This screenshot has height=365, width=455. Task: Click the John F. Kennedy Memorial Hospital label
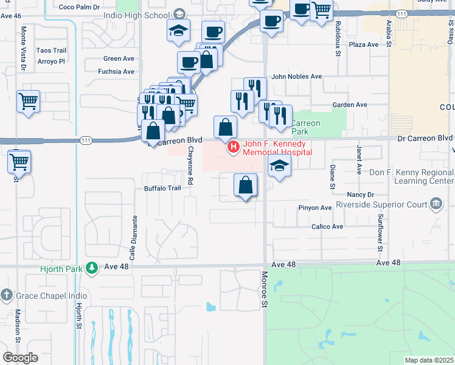[x=277, y=148]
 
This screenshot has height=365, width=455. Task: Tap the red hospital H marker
[x=232, y=147]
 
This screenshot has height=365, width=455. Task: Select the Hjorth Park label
[x=62, y=268]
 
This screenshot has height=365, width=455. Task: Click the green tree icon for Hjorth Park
[x=91, y=268]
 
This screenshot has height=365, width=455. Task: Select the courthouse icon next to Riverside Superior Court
[x=436, y=203]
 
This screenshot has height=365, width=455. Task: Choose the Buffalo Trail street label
[x=162, y=188]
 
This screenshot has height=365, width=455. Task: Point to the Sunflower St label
[x=380, y=232]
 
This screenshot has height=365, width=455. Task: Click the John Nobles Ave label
[x=296, y=77]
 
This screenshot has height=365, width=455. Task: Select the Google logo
[x=20, y=358]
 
